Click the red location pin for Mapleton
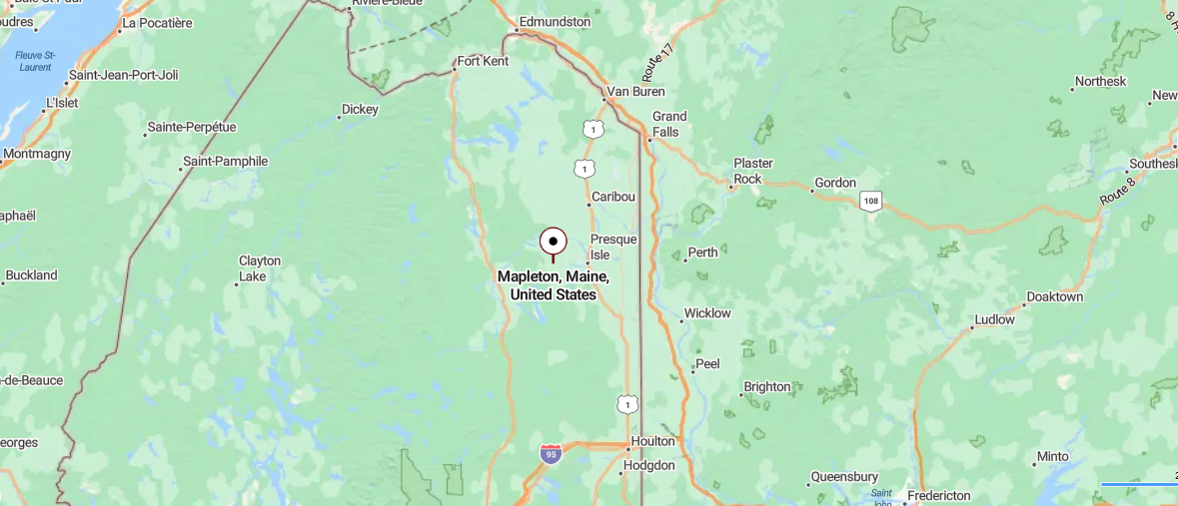[553, 242]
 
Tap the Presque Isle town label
[613, 247]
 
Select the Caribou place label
[613, 197]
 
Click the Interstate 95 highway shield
[551, 454]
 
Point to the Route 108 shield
[871, 201]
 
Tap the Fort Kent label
[483, 61]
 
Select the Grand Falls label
[669, 124]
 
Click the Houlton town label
[652, 441]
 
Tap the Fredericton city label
[938, 495]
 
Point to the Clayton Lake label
[260, 267]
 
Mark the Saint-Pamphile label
[226, 161]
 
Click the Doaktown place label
[1055, 296]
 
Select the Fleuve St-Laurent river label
[36, 61]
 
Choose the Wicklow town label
[706, 313]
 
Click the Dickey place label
[361, 109]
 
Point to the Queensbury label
[844, 477]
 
